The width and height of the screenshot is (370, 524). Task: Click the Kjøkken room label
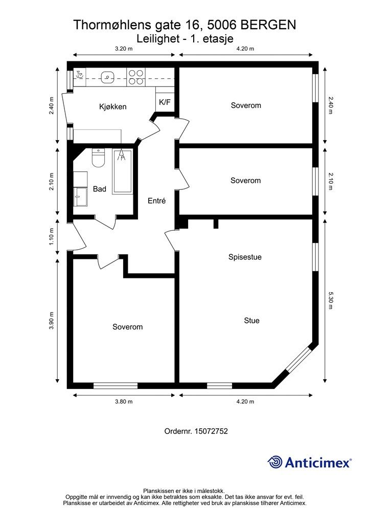tap(113, 107)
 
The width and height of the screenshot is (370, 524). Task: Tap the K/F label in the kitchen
tap(165, 102)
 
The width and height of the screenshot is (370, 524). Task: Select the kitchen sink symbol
tap(107, 77)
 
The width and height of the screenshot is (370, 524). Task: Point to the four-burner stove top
tap(136, 77)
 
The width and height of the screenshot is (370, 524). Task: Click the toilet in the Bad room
tap(99, 158)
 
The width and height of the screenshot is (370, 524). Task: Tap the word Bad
tap(100, 189)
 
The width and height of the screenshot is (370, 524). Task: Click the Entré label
tap(157, 201)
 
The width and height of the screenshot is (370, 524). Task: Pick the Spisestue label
tap(245, 257)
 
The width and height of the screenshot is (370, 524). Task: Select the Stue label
tap(251, 320)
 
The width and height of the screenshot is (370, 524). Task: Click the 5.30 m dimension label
tap(331, 300)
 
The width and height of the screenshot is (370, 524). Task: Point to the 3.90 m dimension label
tap(52, 321)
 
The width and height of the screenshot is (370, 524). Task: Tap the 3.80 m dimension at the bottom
tap(124, 402)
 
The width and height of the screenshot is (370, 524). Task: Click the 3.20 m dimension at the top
tap(124, 49)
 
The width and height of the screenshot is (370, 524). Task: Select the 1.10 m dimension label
tap(52, 236)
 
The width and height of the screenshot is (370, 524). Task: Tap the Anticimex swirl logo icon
tap(275, 462)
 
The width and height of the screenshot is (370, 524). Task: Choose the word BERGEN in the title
tap(268, 25)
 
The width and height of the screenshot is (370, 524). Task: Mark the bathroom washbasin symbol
tap(80, 197)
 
